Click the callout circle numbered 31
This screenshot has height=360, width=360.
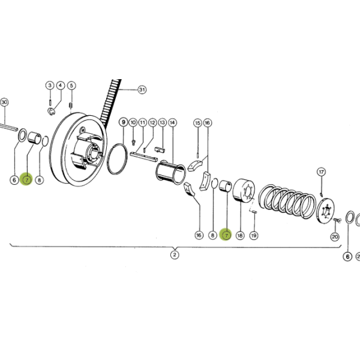pos(142,89)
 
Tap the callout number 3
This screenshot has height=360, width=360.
pos(50,85)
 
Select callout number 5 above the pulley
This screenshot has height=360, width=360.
pos(71,86)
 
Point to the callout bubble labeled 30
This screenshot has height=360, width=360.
pos(4,102)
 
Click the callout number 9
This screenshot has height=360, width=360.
pos(124,122)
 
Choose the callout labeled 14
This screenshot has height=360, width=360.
pos(172,122)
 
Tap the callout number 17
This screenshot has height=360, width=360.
pos(321,172)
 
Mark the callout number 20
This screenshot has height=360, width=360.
pos(335,236)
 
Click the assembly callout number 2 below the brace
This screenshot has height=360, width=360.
pos(175,254)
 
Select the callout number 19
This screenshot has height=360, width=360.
pos(254,235)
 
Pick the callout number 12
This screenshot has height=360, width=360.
pos(152,122)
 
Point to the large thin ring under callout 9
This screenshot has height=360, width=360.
pos(117,158)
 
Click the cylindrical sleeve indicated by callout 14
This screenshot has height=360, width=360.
pos(170,172)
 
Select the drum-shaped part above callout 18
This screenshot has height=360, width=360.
pos(244,191)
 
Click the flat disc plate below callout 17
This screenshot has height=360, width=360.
pos(325,211)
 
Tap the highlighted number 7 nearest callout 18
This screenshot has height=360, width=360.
pos(226,235)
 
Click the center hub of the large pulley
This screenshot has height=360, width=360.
pos(93,152)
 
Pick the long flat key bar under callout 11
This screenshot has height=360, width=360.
pos(144,157)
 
